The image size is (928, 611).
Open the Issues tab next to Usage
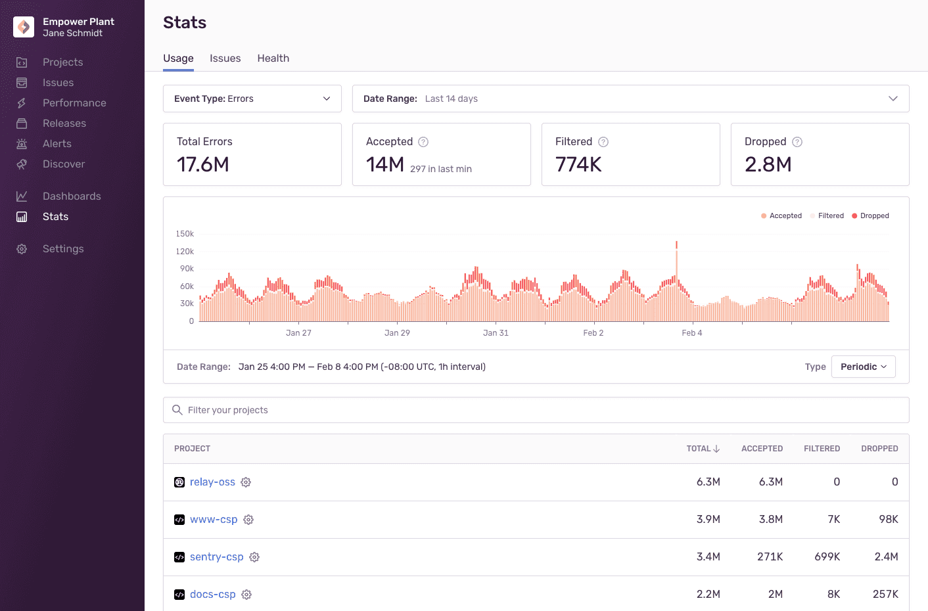[x=225, y=58]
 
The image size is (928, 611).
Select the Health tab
[x=273, y=58]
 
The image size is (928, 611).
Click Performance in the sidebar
[x=74, y=103]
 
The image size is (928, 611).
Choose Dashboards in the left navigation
[x=72, y=196]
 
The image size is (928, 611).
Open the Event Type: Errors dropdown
[x=252, y=99]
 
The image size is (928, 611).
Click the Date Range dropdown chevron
[x=893, y=99]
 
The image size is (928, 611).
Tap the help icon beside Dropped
[x=797, y=142]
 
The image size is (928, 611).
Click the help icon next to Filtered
[x=603, y=142]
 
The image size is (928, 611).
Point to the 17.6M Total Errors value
[x=203, y=164]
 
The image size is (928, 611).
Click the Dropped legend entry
[x=870, y=215]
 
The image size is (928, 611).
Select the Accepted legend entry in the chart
[x=781, y=215]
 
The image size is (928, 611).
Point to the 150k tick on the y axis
[x=185, y=234]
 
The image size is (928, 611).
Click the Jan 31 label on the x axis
[x=496, y=333]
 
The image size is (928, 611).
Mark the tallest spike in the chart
[x=676, y=246]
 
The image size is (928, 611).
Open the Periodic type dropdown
[x=863, y=367]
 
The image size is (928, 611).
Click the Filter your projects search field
[x=536, y=410]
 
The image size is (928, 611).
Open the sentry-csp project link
[x=216, y=557]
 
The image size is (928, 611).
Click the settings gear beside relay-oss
[x=246, y=482]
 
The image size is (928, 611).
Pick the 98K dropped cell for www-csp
[x=888, y=520]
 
